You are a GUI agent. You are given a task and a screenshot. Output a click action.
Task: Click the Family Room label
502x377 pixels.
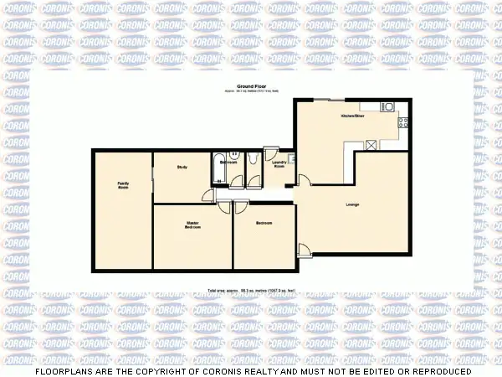(x=123, y=184)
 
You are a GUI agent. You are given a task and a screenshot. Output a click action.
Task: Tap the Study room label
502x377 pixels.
(x=182, y=168)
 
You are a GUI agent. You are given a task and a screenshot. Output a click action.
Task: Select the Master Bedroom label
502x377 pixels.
(x=193, y=225)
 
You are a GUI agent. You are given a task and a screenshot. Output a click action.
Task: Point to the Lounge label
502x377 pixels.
(x=352, y=204)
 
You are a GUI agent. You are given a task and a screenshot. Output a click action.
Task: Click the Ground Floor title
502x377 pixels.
(x=250, y=86)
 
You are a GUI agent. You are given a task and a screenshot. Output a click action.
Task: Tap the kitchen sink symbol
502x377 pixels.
(x=387, y=106)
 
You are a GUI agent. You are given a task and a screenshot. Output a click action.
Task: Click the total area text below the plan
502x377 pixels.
(x=251, y=291)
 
